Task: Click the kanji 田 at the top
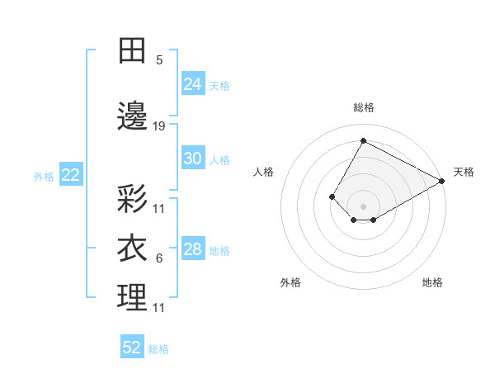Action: click(132, 50)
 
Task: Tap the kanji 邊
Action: click(132, 116)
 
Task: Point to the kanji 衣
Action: click(132, 248)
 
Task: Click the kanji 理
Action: click(132, 297)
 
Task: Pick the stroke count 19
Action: click(159, 126)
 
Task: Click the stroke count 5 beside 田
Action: click(159, 60)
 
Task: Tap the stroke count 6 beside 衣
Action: click(159, 258)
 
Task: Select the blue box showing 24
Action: click(193, 84)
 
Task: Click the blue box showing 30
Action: click(193, 159)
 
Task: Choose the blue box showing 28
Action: click(193, 249)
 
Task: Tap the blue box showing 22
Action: click(70, 175)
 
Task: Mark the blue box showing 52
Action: click(132, 348)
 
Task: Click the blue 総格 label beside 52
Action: click(158, 349)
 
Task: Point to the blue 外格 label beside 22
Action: click(44, 176)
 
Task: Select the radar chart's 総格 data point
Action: click(363, 140)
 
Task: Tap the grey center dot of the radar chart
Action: click(363, 206)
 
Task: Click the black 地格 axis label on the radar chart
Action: click(432, 283)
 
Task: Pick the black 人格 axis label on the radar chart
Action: click(263, 172)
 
